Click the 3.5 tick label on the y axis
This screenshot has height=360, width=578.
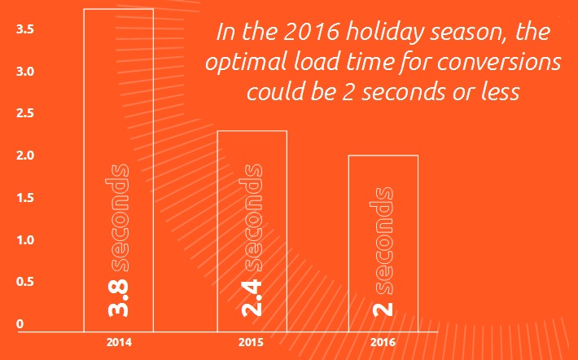(x=25, y=29)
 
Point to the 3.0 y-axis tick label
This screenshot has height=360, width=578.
(x=25, y=71)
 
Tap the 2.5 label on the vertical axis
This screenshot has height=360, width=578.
(x=25, y=113)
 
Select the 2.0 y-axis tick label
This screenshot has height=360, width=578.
(x=25, y=156)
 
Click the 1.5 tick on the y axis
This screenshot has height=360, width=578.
(x=25, y=198)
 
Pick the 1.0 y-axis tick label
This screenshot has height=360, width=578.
(x=25, y=240)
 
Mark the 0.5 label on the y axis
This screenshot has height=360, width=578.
(x=25, y=282)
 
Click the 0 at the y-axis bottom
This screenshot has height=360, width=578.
(x=20, y=324)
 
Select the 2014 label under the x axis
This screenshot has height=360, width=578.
(x=119, y=343)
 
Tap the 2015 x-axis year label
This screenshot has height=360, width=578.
(x=251, y=343)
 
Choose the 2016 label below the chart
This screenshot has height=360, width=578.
(x=383, y=343)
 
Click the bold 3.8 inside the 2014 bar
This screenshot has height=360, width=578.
(x=118, y=297)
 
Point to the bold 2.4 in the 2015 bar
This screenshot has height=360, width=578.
(x=252, y=298)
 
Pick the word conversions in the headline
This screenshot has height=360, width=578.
(x=499, y=63)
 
